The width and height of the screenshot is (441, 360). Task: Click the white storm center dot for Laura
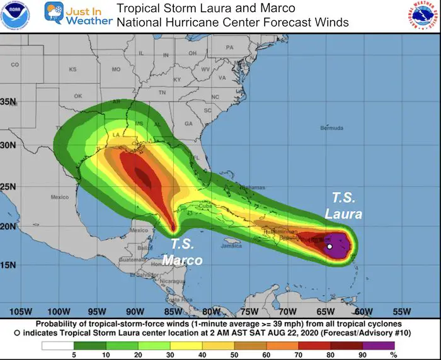click(329, 247)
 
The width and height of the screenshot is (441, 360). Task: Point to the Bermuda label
click(333, 128)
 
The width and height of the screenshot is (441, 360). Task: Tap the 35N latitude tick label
click(8, 101)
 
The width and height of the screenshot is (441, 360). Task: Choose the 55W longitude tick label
click(401, 312)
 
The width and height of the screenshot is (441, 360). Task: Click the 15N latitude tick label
click(8, 264)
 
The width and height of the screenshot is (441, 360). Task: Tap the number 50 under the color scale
click(235, 356)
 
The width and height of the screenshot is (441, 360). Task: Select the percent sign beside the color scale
click(409, 356)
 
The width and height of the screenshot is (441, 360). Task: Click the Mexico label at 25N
click(59, 197)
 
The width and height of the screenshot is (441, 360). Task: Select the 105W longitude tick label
click(21, 312)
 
